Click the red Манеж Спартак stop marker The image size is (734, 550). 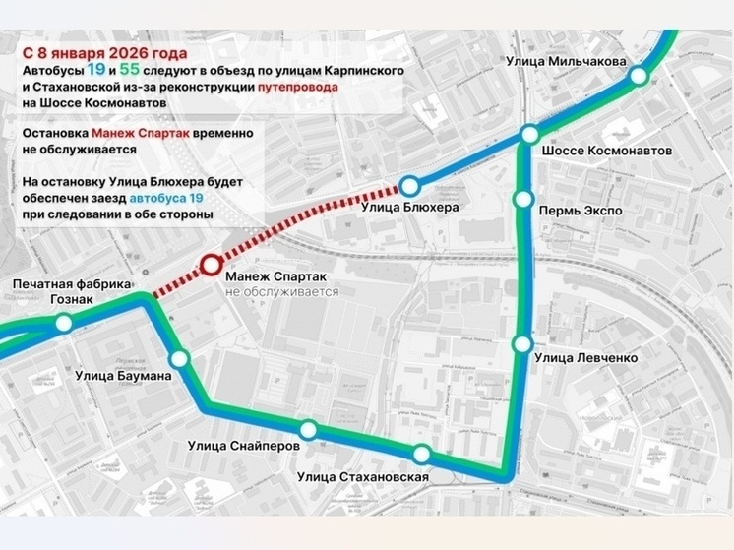212,265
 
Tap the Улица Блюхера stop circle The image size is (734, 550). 409,185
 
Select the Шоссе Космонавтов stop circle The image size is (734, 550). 530,134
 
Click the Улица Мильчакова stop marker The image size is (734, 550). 639,76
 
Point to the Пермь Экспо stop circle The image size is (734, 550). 523,201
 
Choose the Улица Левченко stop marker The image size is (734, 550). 522,343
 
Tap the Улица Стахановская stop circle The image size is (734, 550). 422,454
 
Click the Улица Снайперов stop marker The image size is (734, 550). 308,429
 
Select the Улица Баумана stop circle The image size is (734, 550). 179,360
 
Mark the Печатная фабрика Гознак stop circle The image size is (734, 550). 64,323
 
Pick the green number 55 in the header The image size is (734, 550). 129,70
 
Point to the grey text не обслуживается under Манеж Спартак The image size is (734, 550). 281,292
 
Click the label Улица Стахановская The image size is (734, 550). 362,478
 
